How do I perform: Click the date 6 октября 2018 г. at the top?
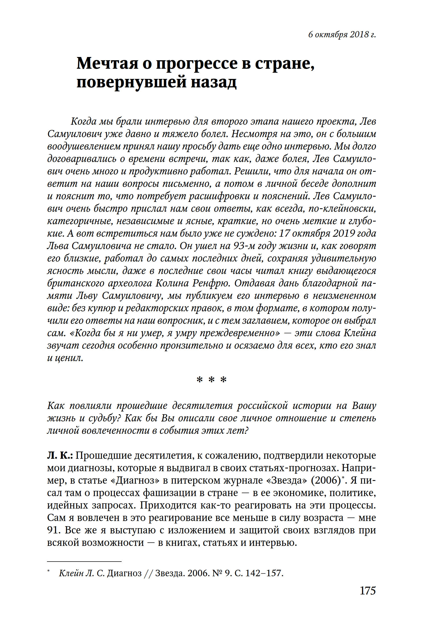342,35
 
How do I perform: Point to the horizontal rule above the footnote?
84,561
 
